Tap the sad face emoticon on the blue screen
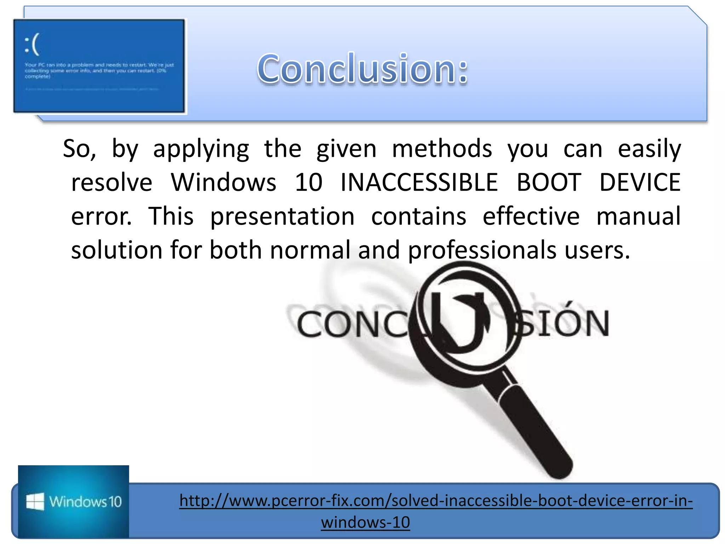(x=32, y=45)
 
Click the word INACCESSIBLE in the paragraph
(x=419, y=183)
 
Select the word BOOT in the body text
(x=549, y=183)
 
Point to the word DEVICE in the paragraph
(x=640, y=183)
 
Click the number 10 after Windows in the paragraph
(x=308, y=183)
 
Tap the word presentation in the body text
(x=282, y=216)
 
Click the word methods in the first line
(x=442, y=149)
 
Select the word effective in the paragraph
(x=531, y=216)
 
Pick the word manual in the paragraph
(x=638, y=216)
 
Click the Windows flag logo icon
(x=35, y=501)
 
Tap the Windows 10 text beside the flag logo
(x=85, y=502)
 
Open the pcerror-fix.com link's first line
(x=436, y=501)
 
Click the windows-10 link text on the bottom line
(x=365, y=522)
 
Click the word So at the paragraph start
(x=79, y=149)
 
